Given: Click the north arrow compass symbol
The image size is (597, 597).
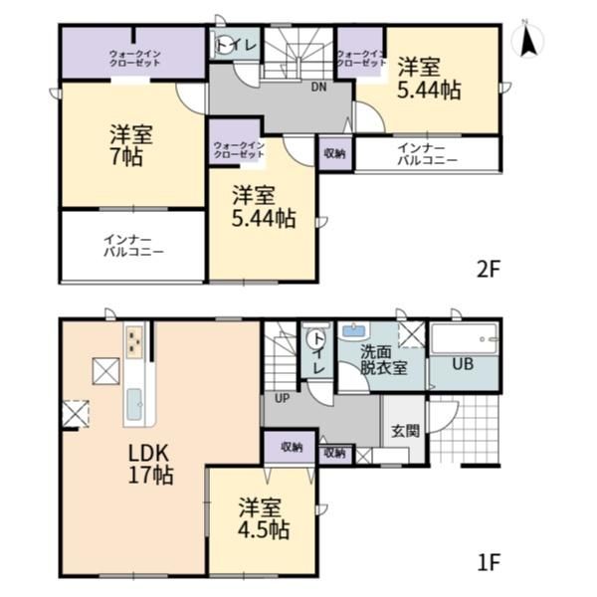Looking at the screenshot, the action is coord(528,39).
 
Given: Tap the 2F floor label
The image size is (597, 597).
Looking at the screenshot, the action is coord(489,270).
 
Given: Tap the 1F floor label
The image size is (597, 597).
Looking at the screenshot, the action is coord(489,562).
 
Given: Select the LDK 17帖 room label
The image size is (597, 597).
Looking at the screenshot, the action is coord(150,464).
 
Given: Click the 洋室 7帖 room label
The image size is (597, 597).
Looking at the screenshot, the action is coord(131,145).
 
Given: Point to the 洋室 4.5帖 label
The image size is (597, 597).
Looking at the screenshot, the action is coord(264,518).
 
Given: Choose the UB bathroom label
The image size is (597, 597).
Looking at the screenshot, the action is coord(463,364).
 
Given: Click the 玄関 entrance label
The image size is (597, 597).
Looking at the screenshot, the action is coord(406,431).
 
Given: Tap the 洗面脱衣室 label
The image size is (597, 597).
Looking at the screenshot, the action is coord(384,360).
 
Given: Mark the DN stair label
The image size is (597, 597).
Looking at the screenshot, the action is coord(318,88).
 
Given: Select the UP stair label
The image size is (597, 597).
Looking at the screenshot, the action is coord(283,398).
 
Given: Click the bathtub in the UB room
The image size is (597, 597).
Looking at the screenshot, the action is coord(465,339).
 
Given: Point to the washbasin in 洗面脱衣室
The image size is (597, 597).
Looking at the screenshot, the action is coord(354,330).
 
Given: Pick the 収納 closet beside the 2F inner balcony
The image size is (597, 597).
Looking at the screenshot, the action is coord(335,153).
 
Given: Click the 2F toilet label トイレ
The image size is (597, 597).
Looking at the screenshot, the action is coord(237,46).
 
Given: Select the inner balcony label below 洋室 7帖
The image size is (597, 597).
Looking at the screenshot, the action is coord(133,246).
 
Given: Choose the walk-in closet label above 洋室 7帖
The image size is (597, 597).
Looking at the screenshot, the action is coord(134,59).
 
